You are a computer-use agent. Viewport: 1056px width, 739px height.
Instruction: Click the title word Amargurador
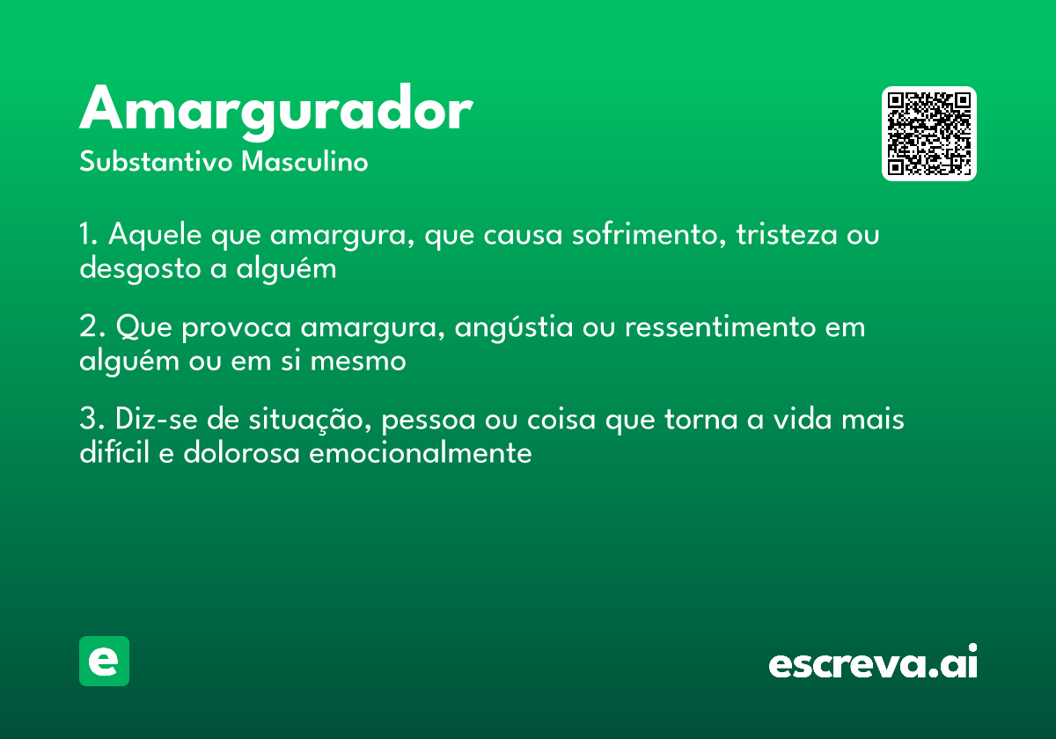tap(276, 111)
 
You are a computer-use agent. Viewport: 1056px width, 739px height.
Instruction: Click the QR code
tap(929, 134)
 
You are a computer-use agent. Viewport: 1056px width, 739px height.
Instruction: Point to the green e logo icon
tap(104, 661)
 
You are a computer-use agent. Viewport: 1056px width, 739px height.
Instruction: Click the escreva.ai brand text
tap(873, 662)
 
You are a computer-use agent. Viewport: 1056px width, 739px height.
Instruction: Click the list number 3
tap(88, 421)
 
